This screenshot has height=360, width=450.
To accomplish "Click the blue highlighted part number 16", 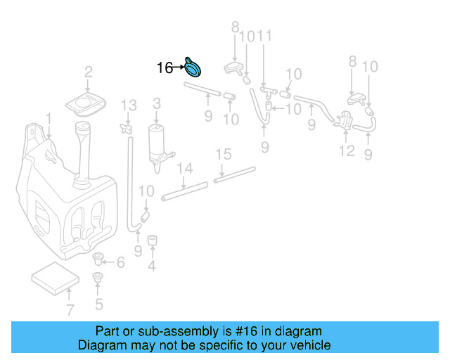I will (192, 67).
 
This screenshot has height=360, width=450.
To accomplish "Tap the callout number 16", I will (165, 67).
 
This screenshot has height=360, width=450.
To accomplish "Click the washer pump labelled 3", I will (155, 145).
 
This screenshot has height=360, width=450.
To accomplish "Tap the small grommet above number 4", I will (152, 240).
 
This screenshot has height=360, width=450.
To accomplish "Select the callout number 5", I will (98, 304).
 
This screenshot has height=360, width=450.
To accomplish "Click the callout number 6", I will (120, 262).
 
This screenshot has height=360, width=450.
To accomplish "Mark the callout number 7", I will (69, 310).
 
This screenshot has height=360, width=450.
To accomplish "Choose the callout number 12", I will (347, 150).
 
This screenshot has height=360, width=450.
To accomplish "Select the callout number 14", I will (184, 168).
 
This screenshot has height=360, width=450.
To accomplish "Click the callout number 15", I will (222, 154).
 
